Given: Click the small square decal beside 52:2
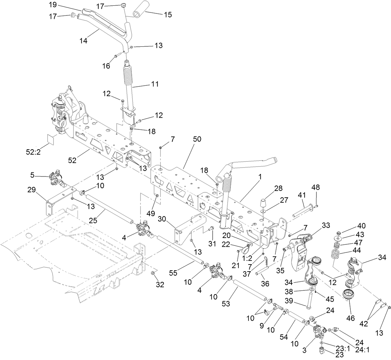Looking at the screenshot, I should pyautogui.click(x=52, y=139).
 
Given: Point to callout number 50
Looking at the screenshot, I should pyautogui.click(x=197, y=139).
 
